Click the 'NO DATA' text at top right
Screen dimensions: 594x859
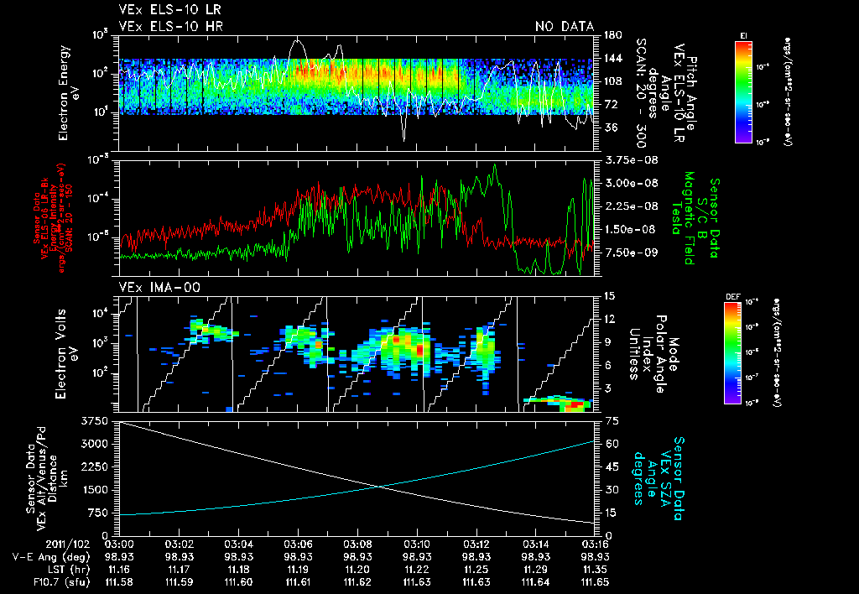point(565,27)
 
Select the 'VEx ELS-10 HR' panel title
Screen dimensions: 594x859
point(162,27)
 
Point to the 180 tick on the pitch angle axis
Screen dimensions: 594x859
point(611,34)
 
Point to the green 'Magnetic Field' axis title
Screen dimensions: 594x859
point(690,218)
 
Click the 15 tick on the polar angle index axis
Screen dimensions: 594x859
point(608,295)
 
